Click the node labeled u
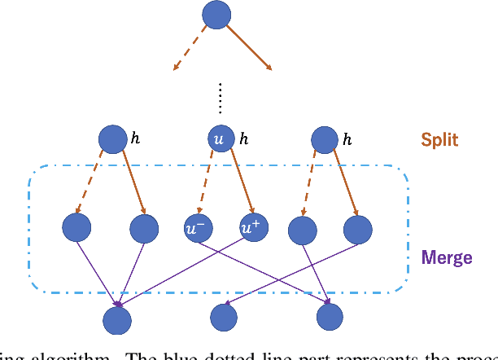click(218, 139)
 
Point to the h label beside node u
click(243, 140)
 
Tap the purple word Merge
click(447, 258)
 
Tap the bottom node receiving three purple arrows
click(119, 318)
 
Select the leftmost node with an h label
click(112, 139)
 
